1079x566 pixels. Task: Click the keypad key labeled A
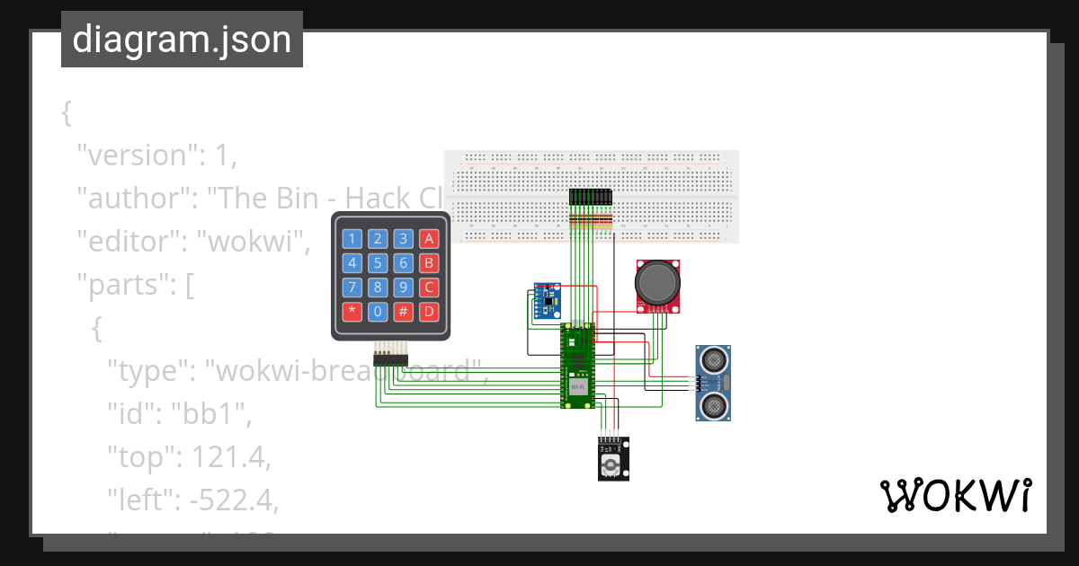tap(430, 238)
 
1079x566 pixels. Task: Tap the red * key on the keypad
tap(352, 313)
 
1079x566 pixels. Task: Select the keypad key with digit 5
tap(379, 263)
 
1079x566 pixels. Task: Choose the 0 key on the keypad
tap(379, 313)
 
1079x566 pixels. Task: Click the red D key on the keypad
tap(430, 313)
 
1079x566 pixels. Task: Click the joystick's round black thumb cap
tap(658, 283)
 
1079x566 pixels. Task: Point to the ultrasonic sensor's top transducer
tap(713, 360)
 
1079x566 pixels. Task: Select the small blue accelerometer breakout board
tap(546, 301)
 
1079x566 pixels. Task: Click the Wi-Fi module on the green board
tap(578, 386)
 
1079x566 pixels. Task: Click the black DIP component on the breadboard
tap(591, 197)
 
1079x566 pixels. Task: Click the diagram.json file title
tap(182, 40)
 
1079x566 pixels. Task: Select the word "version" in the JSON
tap(138, 155)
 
